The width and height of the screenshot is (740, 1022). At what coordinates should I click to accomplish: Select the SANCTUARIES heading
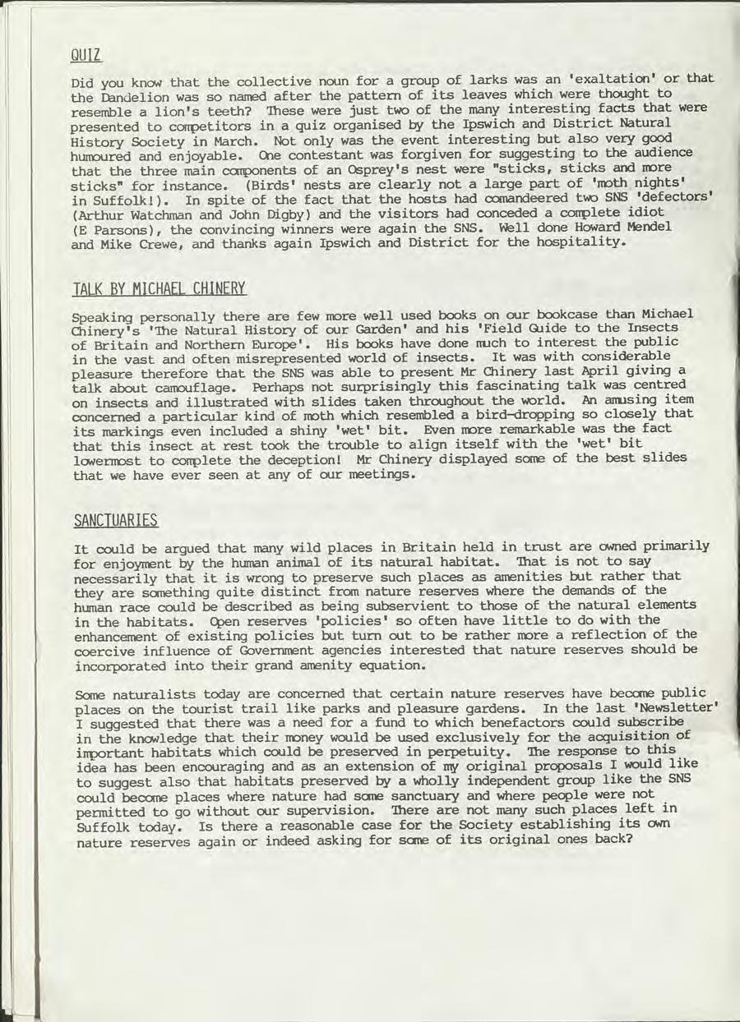click(x=115, y=521)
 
